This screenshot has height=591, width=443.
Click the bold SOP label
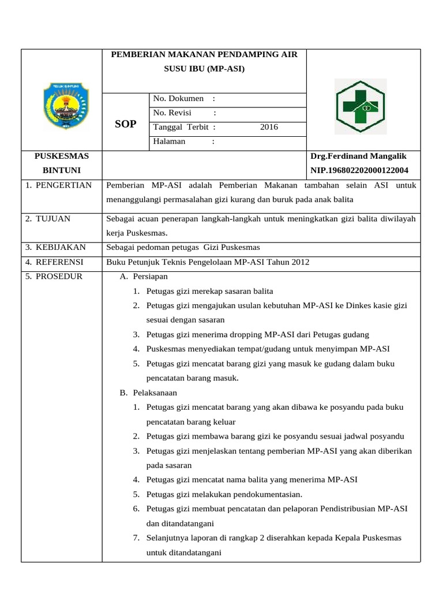click(126, 124)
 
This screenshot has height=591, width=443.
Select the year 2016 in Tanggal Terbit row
click(269, 127)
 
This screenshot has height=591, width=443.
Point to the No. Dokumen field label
click(178, 99)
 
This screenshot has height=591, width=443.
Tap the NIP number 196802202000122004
click(359, 170)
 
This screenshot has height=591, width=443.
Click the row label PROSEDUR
click(54, 276)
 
